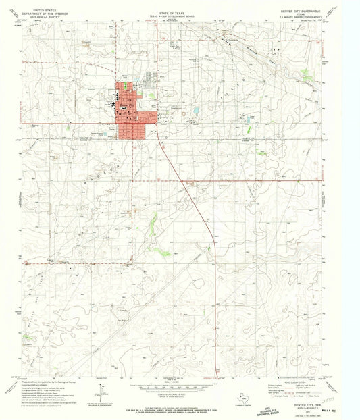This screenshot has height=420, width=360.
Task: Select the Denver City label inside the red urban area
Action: coord(127,106)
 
